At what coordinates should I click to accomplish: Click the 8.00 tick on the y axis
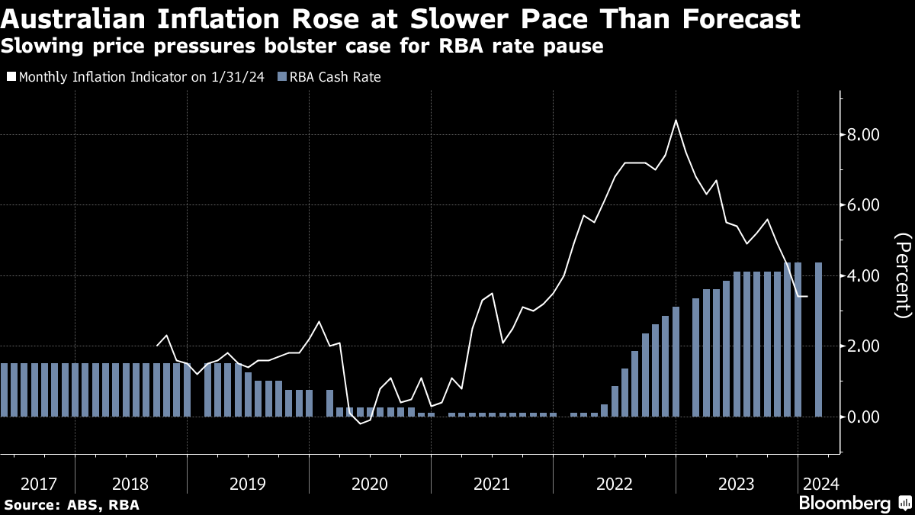pyautogui.click(x=865, y=135)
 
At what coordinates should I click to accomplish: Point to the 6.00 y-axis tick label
pyautogui.click(x=865, y=205)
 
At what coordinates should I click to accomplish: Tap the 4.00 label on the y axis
pyautogui.click(x=865, y=275)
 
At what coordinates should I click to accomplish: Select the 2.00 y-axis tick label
pyautogui.click(x=865, y=346)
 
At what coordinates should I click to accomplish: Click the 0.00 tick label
pyautogui.click(x=865, y=417)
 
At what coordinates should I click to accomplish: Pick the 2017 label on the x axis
pyautogui.click(x=38, y=484)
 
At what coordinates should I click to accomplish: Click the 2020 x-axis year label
pyautogui.click(x=370, y=484)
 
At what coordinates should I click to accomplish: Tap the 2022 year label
pyautogui.click(x=615, y=484)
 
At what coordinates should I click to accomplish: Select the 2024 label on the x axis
pyautogui.click(x=819, y=484)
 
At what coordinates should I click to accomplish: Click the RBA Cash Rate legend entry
pyautogui.click(x=334, y=77)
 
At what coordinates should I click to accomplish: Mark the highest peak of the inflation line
pyautogui.click(x=676, y=121)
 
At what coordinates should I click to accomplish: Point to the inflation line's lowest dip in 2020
pyautogui.click(x=361, y=423)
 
